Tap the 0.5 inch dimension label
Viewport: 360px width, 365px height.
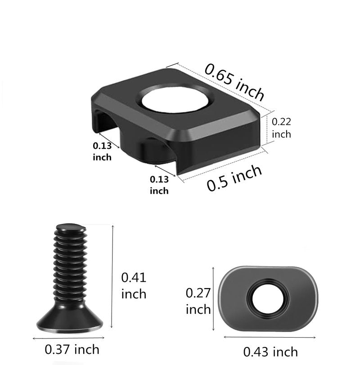tap(234, 178)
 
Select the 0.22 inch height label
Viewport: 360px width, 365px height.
tap(282, 128)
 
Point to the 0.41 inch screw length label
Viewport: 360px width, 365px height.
tap(134, 285)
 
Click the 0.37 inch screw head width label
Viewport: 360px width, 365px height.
tap(72, 349)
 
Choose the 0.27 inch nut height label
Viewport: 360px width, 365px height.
tap(198, 301)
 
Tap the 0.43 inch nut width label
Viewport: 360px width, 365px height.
tap(270, 352)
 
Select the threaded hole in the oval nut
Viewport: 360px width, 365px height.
tap(268, 298)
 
